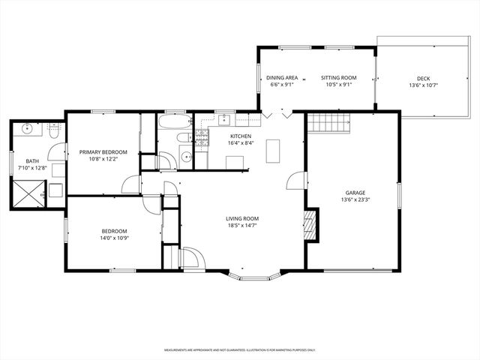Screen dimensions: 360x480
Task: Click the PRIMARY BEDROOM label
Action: coord(103,152)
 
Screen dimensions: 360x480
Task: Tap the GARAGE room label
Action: coord(355,192)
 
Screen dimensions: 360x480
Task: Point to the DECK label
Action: coord(424,78)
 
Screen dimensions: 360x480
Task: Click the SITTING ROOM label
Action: coord(338,78)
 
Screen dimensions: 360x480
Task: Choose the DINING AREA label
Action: coord(283,78)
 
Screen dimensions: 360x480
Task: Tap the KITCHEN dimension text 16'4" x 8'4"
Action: coord(241,143)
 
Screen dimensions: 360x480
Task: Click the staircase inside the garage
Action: coord(330,122)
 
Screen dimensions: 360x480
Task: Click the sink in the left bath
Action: coord(27,128)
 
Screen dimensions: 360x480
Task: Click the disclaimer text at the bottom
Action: coord(240,350)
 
